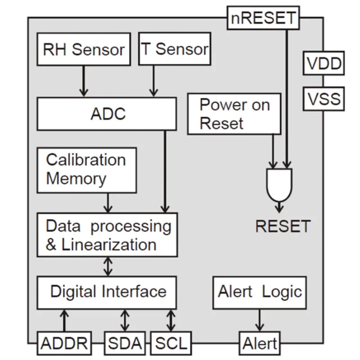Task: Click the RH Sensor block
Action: (x=83, y=49)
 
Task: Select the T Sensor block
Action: (x=175, y=49)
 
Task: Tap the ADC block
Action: (x=107, y=113)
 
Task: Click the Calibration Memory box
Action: (x=86, y=170)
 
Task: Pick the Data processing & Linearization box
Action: (x=107, y=235)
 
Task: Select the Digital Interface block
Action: (x=107, y=292)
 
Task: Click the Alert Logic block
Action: (x=260, y=292)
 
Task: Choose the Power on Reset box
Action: (x=234, y=113)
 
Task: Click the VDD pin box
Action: (x=324, y=64)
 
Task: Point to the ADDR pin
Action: (x=64, y=344)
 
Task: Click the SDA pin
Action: (x=125, y=344)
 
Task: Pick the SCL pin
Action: (x=170, y=344)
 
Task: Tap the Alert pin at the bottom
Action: (x=260, y=344)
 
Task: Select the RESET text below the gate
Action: (x=283, y=226)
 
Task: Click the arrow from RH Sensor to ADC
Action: (x=83, y=81)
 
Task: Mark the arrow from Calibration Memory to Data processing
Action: (x=108, y=202)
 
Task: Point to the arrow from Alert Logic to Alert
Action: (x=260, y=320)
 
